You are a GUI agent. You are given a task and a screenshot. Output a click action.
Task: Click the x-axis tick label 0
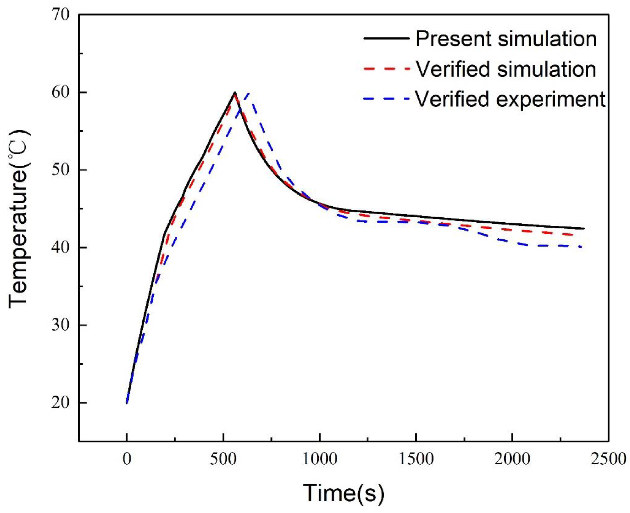[x=126, y=460]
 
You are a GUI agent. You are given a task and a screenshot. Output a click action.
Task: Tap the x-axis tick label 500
[x=223, y=460]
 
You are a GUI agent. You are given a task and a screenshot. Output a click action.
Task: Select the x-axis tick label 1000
[x=319, y=460]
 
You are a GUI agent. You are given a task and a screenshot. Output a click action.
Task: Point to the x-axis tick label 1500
[x=416, y=460]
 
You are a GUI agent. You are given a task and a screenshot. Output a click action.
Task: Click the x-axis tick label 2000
[x=512, y=460]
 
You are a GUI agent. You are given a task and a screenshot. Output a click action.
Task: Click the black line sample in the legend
[x=386, y=38]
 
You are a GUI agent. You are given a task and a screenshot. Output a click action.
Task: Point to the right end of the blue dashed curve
[x=581, y=247]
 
